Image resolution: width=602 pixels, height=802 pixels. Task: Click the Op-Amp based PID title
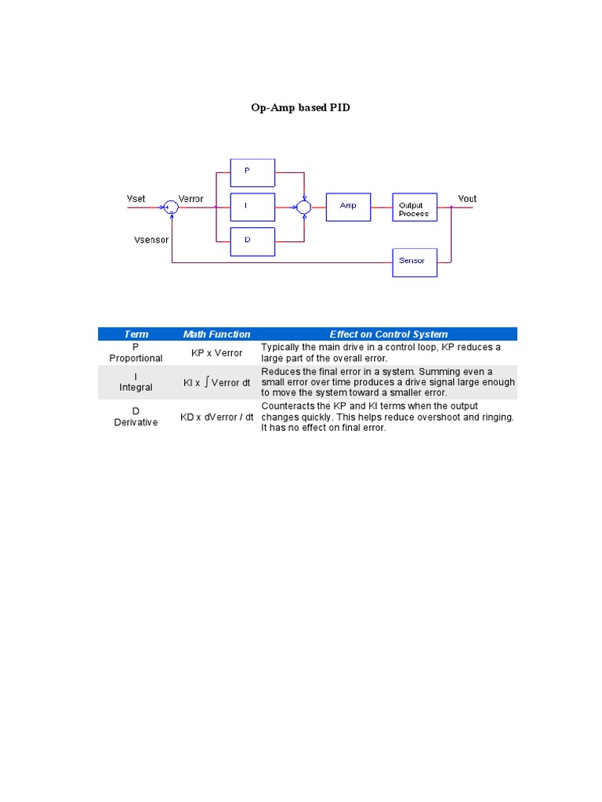click(300, 107)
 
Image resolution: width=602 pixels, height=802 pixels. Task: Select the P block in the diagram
click(252, 172)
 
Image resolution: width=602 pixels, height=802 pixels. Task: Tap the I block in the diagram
click(252, 207)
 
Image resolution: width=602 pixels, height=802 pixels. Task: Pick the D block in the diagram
click(252, 241)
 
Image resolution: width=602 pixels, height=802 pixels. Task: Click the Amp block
click(348, 207)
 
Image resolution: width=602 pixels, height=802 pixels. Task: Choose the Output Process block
click(415, 208)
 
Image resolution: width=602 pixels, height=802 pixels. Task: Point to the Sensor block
click(415, 262)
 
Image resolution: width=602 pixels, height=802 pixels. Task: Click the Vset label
click(136, 199)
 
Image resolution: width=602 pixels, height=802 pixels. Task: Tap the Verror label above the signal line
click(191, 199)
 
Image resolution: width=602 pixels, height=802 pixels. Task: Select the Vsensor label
click(151, 240)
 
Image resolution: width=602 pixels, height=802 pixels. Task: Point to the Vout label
click(467, 199)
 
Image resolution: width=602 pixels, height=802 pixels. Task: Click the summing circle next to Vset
click(171, 207)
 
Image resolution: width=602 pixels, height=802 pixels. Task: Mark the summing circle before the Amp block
click(303, 207)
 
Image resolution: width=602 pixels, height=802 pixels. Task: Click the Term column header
click(136, 334)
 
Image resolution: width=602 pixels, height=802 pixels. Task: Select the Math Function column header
click(217, 334)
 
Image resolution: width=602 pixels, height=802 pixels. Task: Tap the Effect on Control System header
click(389, 334)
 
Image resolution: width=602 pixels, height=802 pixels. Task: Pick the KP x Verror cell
click(217, 353)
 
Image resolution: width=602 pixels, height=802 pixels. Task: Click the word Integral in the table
click(136, 388)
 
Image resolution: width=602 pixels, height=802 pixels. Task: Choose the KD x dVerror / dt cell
click(217, 417)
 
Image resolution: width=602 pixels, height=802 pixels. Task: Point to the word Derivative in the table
click(136, 423)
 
